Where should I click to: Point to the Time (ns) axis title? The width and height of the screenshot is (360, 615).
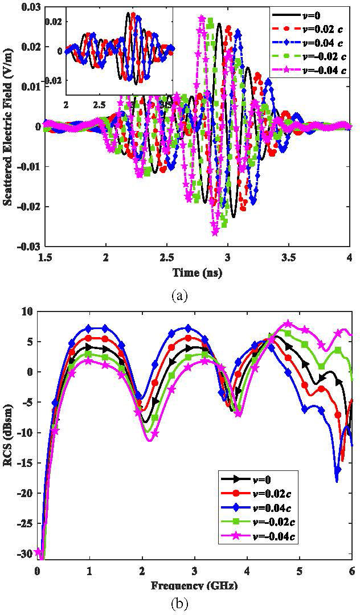198,273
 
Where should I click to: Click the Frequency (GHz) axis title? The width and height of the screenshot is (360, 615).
194,585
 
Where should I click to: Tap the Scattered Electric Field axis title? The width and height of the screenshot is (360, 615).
10,126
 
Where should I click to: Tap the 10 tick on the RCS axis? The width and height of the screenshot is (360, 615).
26,311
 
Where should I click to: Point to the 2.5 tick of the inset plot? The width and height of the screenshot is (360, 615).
100,105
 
